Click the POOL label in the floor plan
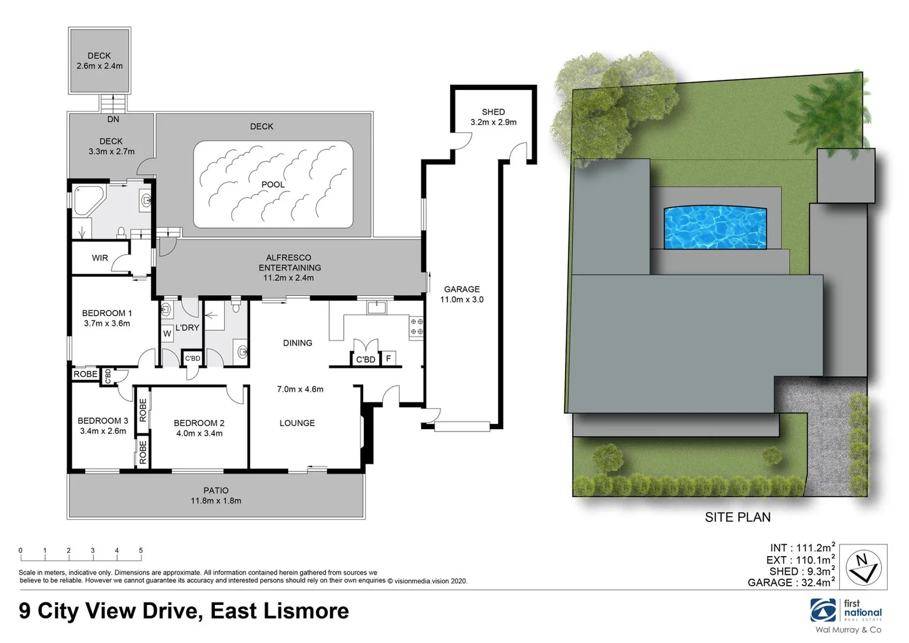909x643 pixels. pos(273,185)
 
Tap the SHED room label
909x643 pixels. pos(493,112)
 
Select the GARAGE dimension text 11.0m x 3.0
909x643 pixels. pos(461,299)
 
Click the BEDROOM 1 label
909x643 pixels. pos(107,313)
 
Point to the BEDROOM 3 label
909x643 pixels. pos(103,421)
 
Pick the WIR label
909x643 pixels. pos(100,258)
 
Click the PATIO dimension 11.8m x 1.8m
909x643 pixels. pos(216,501)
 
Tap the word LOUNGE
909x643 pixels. pos(297,423)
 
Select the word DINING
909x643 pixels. pos(298,343)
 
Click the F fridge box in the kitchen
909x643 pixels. pos(389,358)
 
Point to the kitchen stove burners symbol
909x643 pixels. pos(417,326)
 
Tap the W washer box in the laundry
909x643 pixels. pos(167,334)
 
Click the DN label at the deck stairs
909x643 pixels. pos(113,119)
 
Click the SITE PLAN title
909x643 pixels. pos(738,517)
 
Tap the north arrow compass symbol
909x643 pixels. pos(863,566)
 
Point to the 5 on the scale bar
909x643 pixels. pos(140,551)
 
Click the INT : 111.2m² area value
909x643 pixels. pos(802,548)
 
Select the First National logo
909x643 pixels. pos(846,611)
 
